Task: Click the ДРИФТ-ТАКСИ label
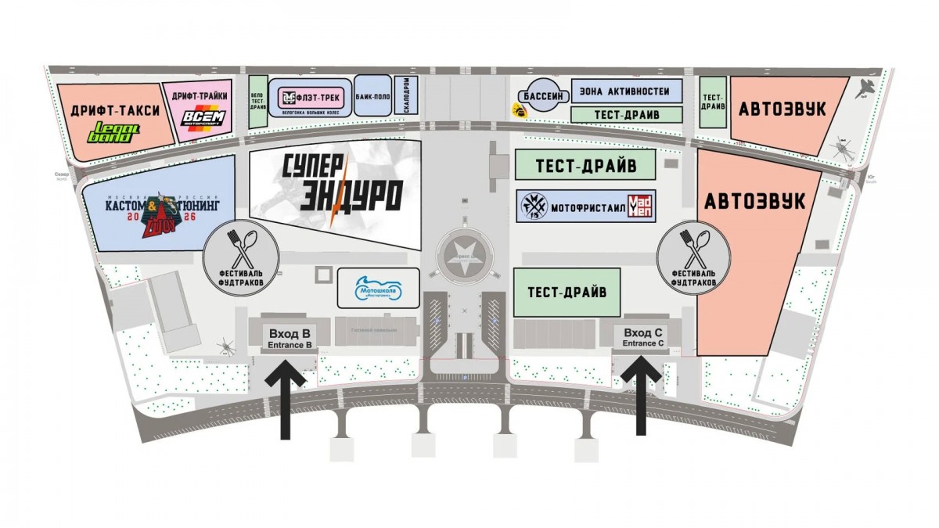(x=115, y=110)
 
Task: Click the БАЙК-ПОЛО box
(x=372, y=95)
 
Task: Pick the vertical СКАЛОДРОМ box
(x=408, y=95)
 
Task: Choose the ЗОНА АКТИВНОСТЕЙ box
(x=624, y=91)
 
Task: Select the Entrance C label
(x=643, y=343)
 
